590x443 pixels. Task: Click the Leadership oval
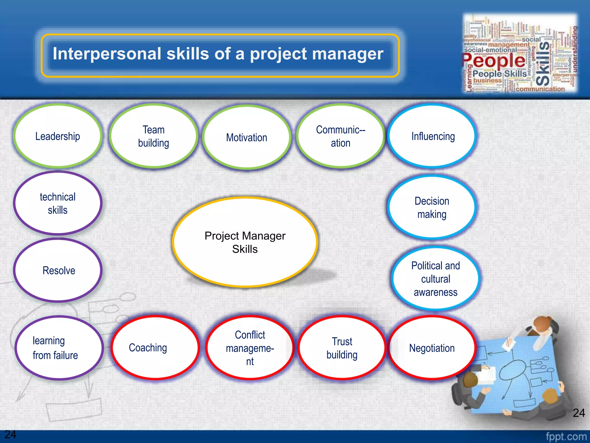pyautogui.click(x=58, y=136)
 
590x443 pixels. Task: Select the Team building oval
pyautogui.click(x=154, y=136)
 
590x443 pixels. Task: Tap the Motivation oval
pyautogui.click(x=247, y=137)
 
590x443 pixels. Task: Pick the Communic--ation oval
pyautogui.click(x=341, y=136)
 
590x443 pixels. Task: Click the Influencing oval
pyautogui.click(x=433, y=136)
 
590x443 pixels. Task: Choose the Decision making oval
pyautogui.click(x=432, y=207)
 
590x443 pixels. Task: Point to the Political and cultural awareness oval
pyautogui.click(x=435, y=279)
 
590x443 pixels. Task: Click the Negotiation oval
pyautogui.click(x=432, y=348)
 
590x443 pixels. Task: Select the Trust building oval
pyautogui.click(x=342, y=348)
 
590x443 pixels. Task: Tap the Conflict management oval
pyautogui.click(x=250, y=348)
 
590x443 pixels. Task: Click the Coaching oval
pyautogui.click(x=155, y=348)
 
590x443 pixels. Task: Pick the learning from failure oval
pyautogui.click(x=58, y=348)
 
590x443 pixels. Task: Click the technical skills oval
pyautogui.click(x=58, y=203)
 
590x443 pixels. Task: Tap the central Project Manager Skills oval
pyautogui.click(x=245, y=242)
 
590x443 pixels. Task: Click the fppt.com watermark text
pyautogui.click(x=566, y=436)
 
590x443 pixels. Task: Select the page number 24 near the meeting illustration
pyautogui.click(x=578, y=413)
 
